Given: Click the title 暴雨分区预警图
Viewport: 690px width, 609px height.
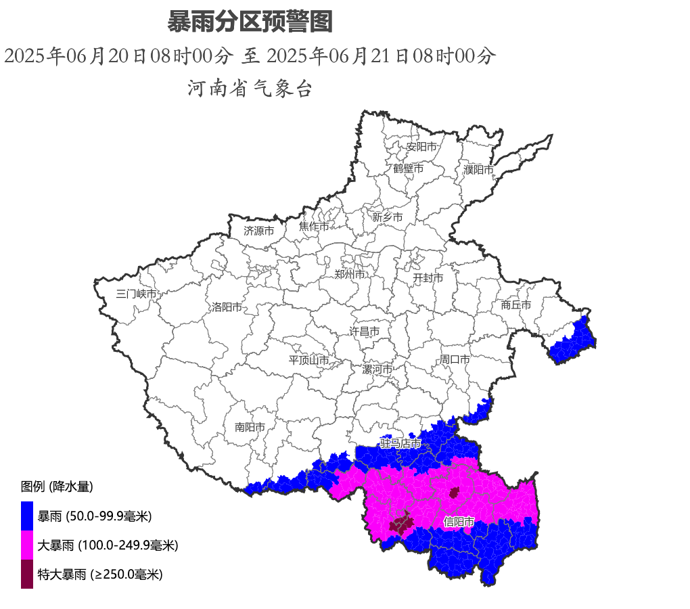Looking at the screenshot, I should (250, 22).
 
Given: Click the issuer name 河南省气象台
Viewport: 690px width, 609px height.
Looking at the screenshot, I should (250, 88).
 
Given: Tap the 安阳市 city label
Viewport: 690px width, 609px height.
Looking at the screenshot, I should (421, 146).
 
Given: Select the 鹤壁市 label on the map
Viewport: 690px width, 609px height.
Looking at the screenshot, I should (408, 168).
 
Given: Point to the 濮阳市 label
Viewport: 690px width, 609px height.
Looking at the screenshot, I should (478, 169).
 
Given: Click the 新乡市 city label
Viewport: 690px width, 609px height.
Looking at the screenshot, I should (387, 217).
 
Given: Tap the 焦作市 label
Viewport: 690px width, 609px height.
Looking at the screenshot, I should (314, 227).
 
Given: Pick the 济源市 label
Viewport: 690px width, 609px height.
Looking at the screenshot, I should (258, 231).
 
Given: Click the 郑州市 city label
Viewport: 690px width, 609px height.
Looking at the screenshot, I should (350, 274).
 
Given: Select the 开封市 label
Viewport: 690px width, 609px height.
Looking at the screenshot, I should (428, 278).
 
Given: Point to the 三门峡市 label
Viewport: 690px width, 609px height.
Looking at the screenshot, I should (136, 294).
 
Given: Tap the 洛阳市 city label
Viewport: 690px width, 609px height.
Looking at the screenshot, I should (227, 307).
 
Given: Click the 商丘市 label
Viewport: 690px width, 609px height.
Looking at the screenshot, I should (515, 305).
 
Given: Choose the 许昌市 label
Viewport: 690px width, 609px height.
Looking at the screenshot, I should (364, 332).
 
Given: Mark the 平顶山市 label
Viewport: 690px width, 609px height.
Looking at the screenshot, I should (308, 360).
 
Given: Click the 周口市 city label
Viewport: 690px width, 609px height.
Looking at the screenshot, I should (455, 359).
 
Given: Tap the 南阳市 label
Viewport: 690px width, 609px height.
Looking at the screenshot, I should (250, 427).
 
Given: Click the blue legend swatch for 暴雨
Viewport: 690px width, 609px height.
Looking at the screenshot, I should (27, 516).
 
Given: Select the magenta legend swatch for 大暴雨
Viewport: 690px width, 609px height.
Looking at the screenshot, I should (27, 545).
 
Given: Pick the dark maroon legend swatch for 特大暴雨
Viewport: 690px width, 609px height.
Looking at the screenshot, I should (27, 574).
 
